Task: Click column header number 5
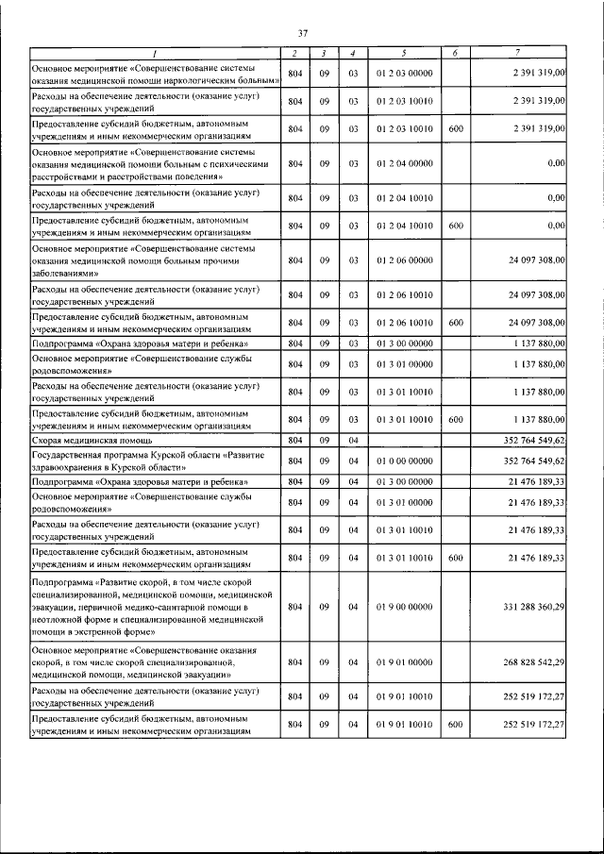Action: (x=403, y=53)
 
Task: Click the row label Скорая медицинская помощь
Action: (x=93, y=440)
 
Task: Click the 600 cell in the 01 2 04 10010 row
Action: (x=455, y=226)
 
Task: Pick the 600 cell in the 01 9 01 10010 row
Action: (x=455, y=724)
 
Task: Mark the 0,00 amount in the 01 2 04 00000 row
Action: (x=555, y=163)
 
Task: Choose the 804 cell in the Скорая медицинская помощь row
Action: (x=294, y=440)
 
